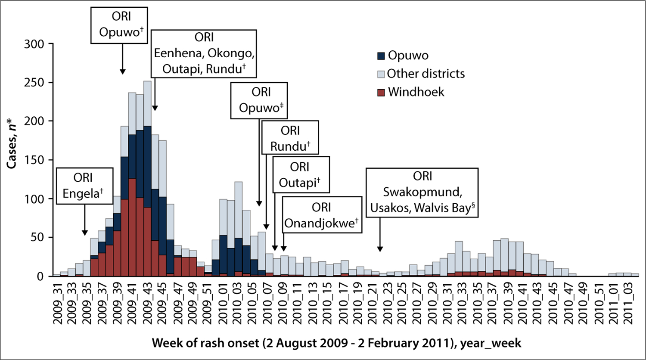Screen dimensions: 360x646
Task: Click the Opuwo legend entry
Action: tap(403, 56)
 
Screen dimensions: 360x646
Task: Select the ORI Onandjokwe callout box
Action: tap(321, 215)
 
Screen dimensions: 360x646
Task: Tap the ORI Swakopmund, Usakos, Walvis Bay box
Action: tap(422, 192)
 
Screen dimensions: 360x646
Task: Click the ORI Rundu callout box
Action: tap(290, 138)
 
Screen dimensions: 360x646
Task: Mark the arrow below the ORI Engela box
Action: tap(84, 220)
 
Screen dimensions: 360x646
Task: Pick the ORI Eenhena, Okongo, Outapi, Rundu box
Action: tap(204, 53)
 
